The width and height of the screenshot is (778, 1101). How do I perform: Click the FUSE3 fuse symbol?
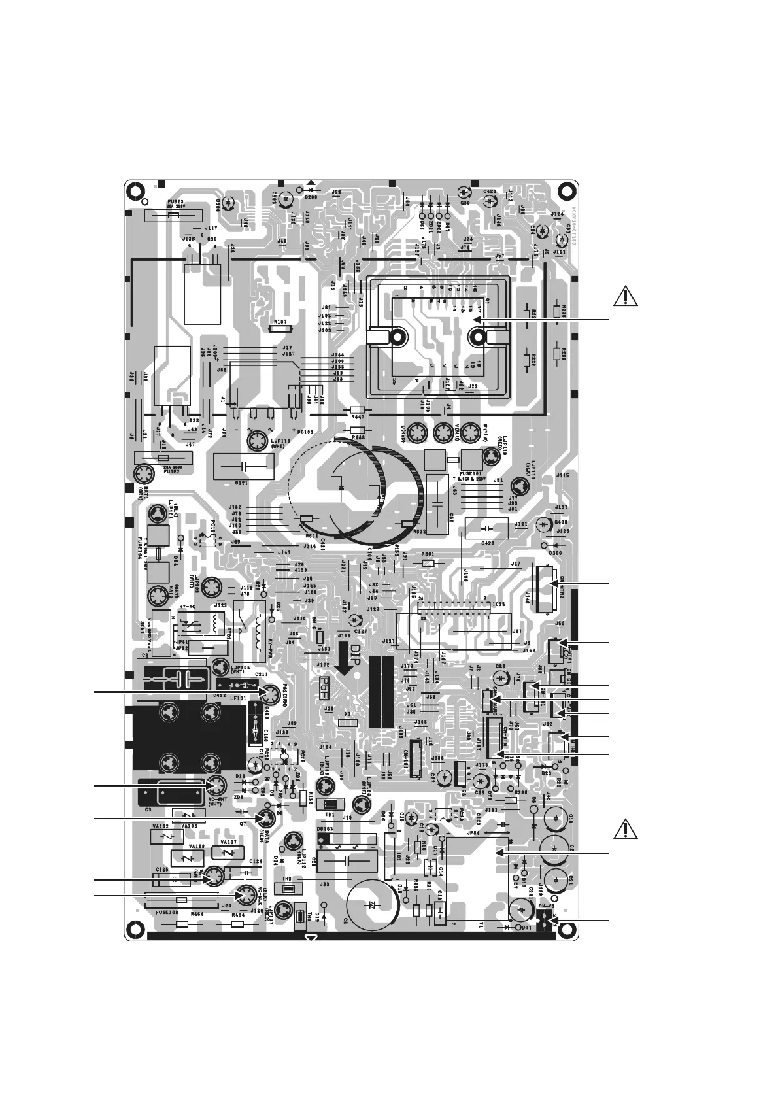(173, 214)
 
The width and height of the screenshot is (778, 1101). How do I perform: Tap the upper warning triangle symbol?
(626, 297)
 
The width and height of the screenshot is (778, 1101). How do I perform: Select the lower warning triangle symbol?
(626, 830)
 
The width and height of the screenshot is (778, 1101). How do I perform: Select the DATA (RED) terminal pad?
(265, 819)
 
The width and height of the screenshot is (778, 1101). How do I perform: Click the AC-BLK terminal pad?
(246, 895)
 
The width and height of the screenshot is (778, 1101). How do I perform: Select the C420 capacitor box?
(486, 528)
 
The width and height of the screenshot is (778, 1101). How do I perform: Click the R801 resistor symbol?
(428, 563)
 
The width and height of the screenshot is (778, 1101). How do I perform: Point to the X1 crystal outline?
(348, 723)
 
